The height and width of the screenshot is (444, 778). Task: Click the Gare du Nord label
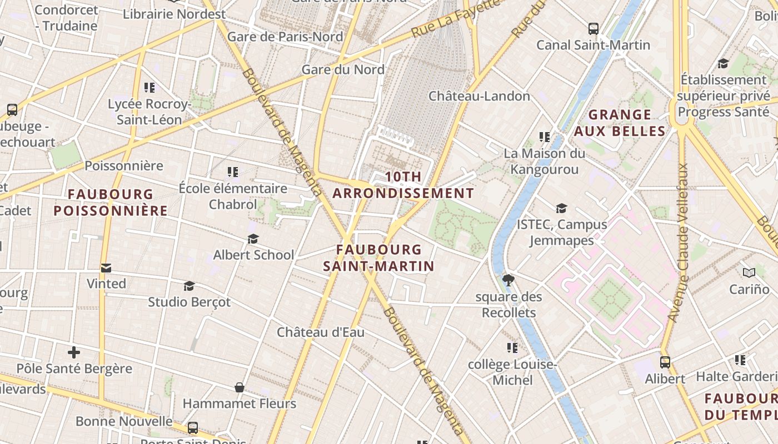coord(343,69)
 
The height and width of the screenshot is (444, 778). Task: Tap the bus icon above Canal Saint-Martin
coord(594,28)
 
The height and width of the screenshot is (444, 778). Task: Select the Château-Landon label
coord(479,96)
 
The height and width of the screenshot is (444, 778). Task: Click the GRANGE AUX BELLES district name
coord(620,123)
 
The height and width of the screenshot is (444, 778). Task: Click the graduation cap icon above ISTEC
coord(561,208)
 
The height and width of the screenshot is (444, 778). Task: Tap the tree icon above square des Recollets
coord(508,280)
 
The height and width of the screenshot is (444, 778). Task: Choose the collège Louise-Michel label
coord(512,372)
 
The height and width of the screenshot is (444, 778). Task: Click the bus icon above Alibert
coord(665,362)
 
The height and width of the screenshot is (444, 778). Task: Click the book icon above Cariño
coord(749,273)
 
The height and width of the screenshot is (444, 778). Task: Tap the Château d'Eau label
coord(321,332)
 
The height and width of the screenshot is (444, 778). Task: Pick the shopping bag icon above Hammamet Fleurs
coord(240,387)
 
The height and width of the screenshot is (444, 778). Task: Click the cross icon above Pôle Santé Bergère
coord(74,352)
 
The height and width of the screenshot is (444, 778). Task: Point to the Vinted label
coord(106,284)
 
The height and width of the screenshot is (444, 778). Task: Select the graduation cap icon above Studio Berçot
coord(189,286)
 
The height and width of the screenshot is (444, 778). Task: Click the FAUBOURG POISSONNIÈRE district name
coord(111,202)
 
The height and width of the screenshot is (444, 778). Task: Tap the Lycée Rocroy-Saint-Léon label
coord(149,112)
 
